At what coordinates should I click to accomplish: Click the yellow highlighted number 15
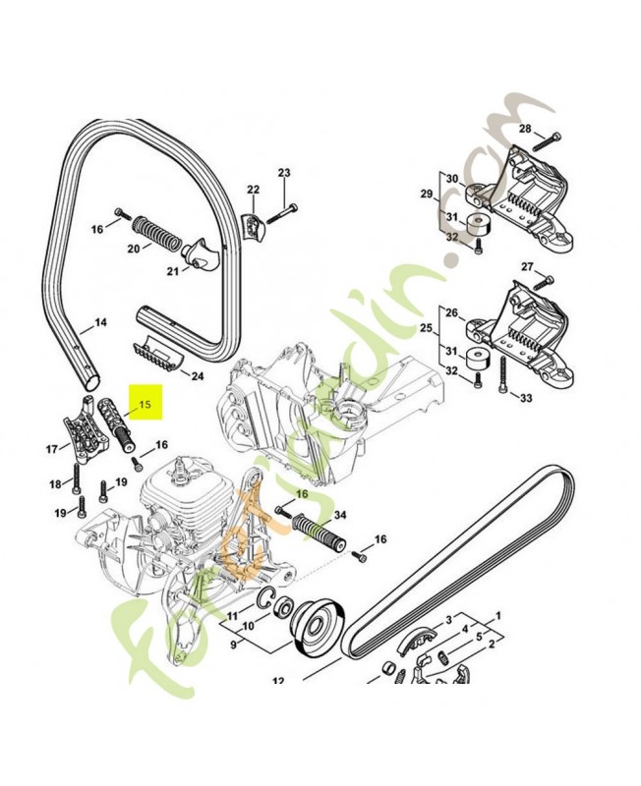click(146, 402)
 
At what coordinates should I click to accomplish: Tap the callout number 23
click(284, 174)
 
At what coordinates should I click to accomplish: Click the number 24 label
click(197, 375)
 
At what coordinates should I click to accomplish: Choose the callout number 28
click(524, 130)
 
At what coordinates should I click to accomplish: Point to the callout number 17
click(52, 450)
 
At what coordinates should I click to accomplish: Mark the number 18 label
click(55, 483)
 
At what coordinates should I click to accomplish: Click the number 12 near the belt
click(278, 680)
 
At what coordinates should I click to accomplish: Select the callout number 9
click(234, 645)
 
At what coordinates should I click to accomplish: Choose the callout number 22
click(253, 191)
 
